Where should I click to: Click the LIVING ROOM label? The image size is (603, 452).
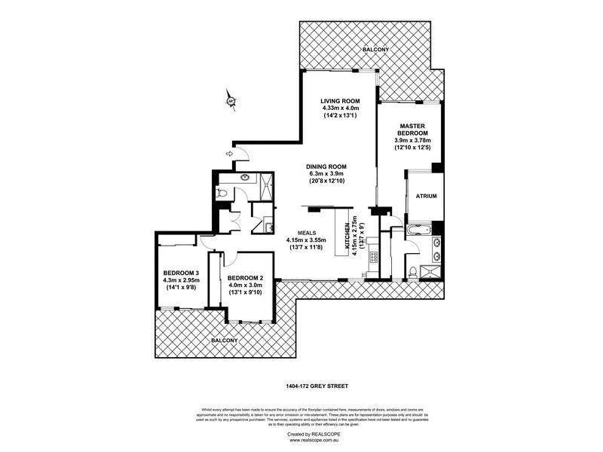click(339, 101)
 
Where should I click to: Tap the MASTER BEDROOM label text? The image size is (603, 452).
click(415, 129)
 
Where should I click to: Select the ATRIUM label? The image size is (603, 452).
click(426, 196)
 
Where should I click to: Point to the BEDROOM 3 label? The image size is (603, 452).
click(181, 273)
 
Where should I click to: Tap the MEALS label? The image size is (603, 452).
click(305, 233)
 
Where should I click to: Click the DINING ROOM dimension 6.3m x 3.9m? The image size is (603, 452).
click(326, 175)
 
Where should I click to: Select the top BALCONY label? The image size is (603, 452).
click(375, 50)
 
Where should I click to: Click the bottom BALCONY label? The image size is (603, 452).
click(225, 341)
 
